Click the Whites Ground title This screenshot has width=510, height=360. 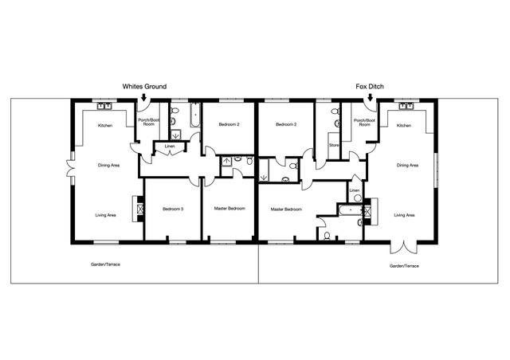(x=144, y=87)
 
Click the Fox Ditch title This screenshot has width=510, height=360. (x=370, y=87)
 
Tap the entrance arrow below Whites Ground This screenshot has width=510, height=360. (x=143, y=97)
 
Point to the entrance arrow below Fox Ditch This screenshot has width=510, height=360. (x=370, y=97)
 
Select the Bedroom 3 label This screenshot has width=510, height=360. (x=173, y=209)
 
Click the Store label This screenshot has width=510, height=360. (x=334, y=145)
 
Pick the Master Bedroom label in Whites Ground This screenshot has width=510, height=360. (x=229, y=209)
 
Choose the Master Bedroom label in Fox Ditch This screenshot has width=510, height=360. (x=286, y=209)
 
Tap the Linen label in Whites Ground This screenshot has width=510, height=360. (x=170, y=147)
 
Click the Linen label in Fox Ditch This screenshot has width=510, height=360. (x=354, y=190)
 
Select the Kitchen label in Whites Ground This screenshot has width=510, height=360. (x=105, y=126)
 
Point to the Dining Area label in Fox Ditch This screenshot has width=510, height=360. (x=407, y=165)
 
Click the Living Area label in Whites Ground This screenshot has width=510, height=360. (x=106, y=215)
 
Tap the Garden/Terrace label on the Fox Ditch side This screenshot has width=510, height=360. (x=404, y=266)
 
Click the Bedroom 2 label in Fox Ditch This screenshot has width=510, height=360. (x=286, y=124)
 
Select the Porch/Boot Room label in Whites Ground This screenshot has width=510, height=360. (x=149, y=123)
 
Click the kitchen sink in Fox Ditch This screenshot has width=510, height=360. (x=406, y=106)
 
